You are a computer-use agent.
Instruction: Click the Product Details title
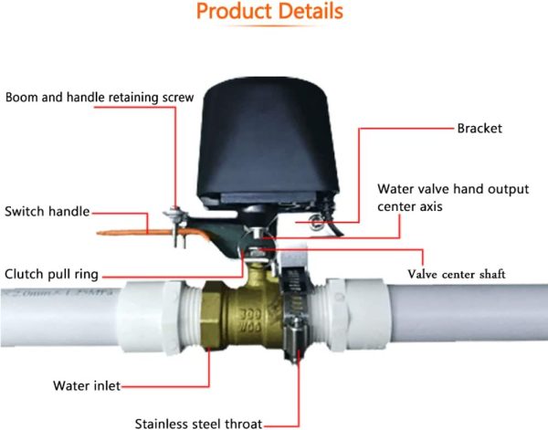pos(269,11)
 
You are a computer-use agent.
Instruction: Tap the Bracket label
pos(479,128)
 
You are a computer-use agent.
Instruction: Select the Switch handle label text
pos(47,211)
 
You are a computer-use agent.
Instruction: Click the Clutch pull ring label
pos(51,274)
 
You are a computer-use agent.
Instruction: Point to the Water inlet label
pos(87,385)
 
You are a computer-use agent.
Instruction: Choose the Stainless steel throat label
pos(198,424)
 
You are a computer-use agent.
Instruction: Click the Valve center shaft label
pos(457,274)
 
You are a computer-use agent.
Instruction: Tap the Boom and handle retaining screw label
pos(100,97)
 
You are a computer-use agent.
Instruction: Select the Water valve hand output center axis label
pos(453,197)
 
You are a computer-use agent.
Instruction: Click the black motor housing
pos(268,143)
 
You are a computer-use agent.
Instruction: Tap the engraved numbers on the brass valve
pos(250,320)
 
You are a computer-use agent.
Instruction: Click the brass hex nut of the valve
pos(212,315)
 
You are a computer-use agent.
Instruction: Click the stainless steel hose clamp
pos(295,314)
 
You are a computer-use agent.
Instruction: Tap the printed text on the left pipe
pos(59,292)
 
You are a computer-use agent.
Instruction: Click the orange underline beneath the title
pos(269,26)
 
